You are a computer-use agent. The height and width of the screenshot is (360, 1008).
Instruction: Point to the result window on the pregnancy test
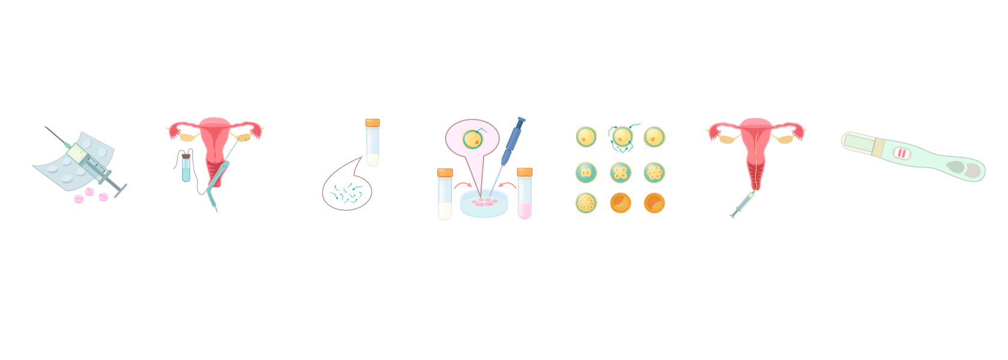point(902,153)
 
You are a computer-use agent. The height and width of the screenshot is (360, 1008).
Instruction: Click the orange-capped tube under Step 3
point(373,142)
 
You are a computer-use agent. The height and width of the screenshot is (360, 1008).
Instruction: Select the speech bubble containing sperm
point(347,189)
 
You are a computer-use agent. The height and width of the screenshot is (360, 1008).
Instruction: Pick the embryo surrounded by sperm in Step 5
point(622,137)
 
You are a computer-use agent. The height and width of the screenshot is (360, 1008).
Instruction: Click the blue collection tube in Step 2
point(186,167)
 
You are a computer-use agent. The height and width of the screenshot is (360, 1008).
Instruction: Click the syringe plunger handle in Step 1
point(121,190)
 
